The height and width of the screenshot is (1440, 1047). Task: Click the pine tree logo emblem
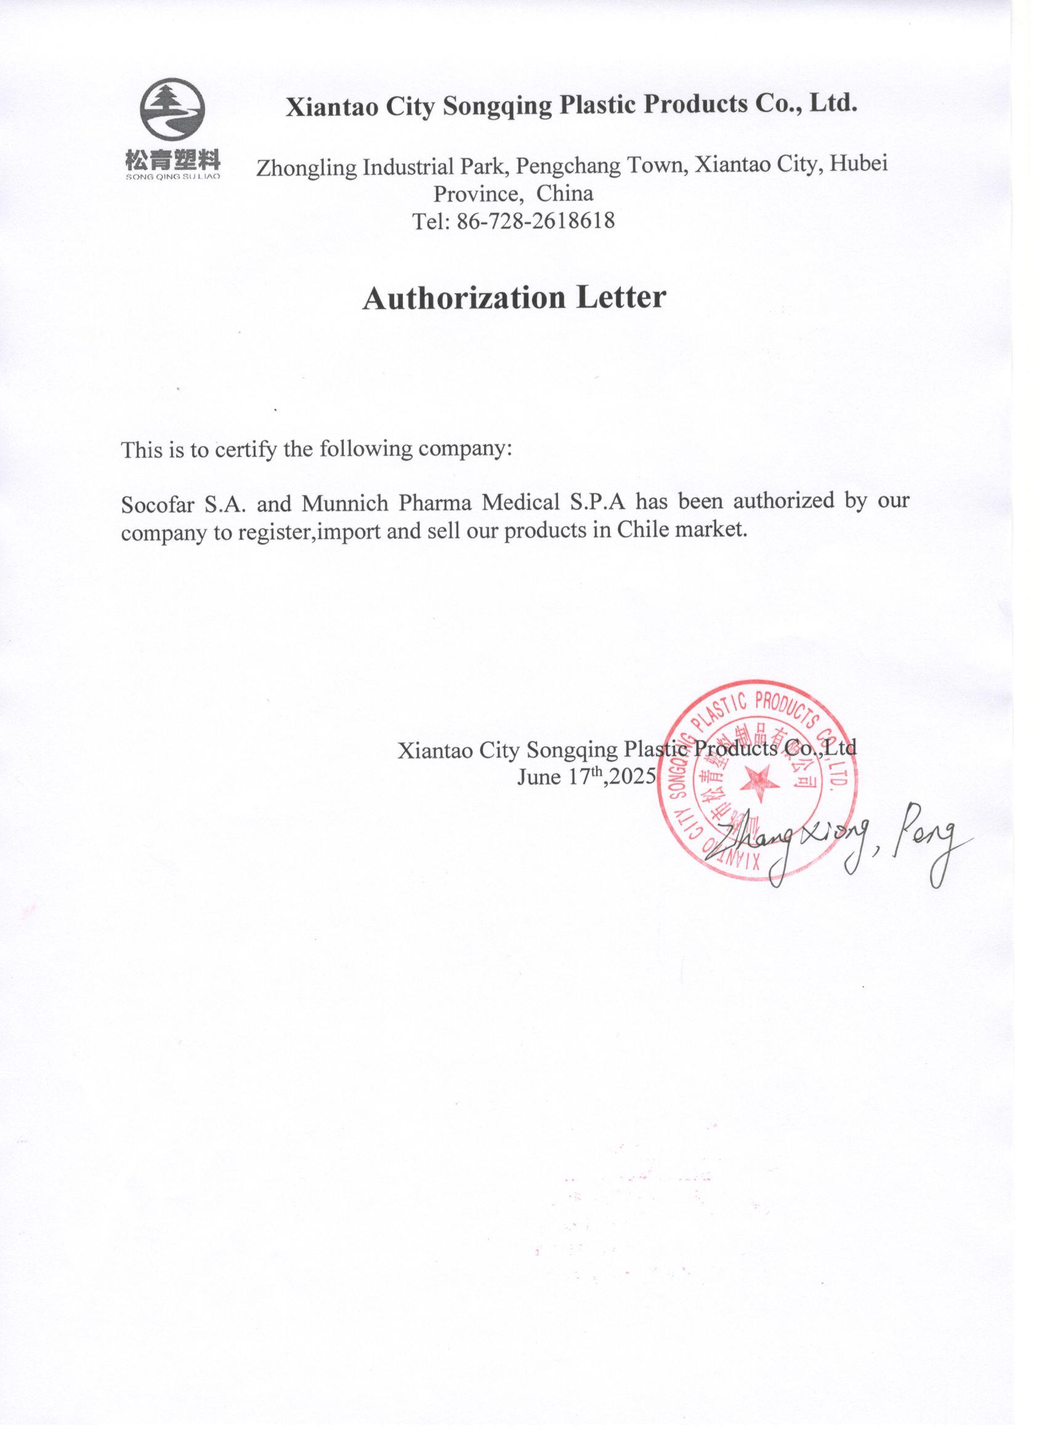coord(172,110)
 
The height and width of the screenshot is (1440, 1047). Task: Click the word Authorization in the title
coord(464,297)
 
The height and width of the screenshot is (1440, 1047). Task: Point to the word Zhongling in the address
coord(307,168)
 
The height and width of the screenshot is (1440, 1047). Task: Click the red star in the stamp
coord(759,781)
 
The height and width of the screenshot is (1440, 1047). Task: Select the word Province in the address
coord(478,193)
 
